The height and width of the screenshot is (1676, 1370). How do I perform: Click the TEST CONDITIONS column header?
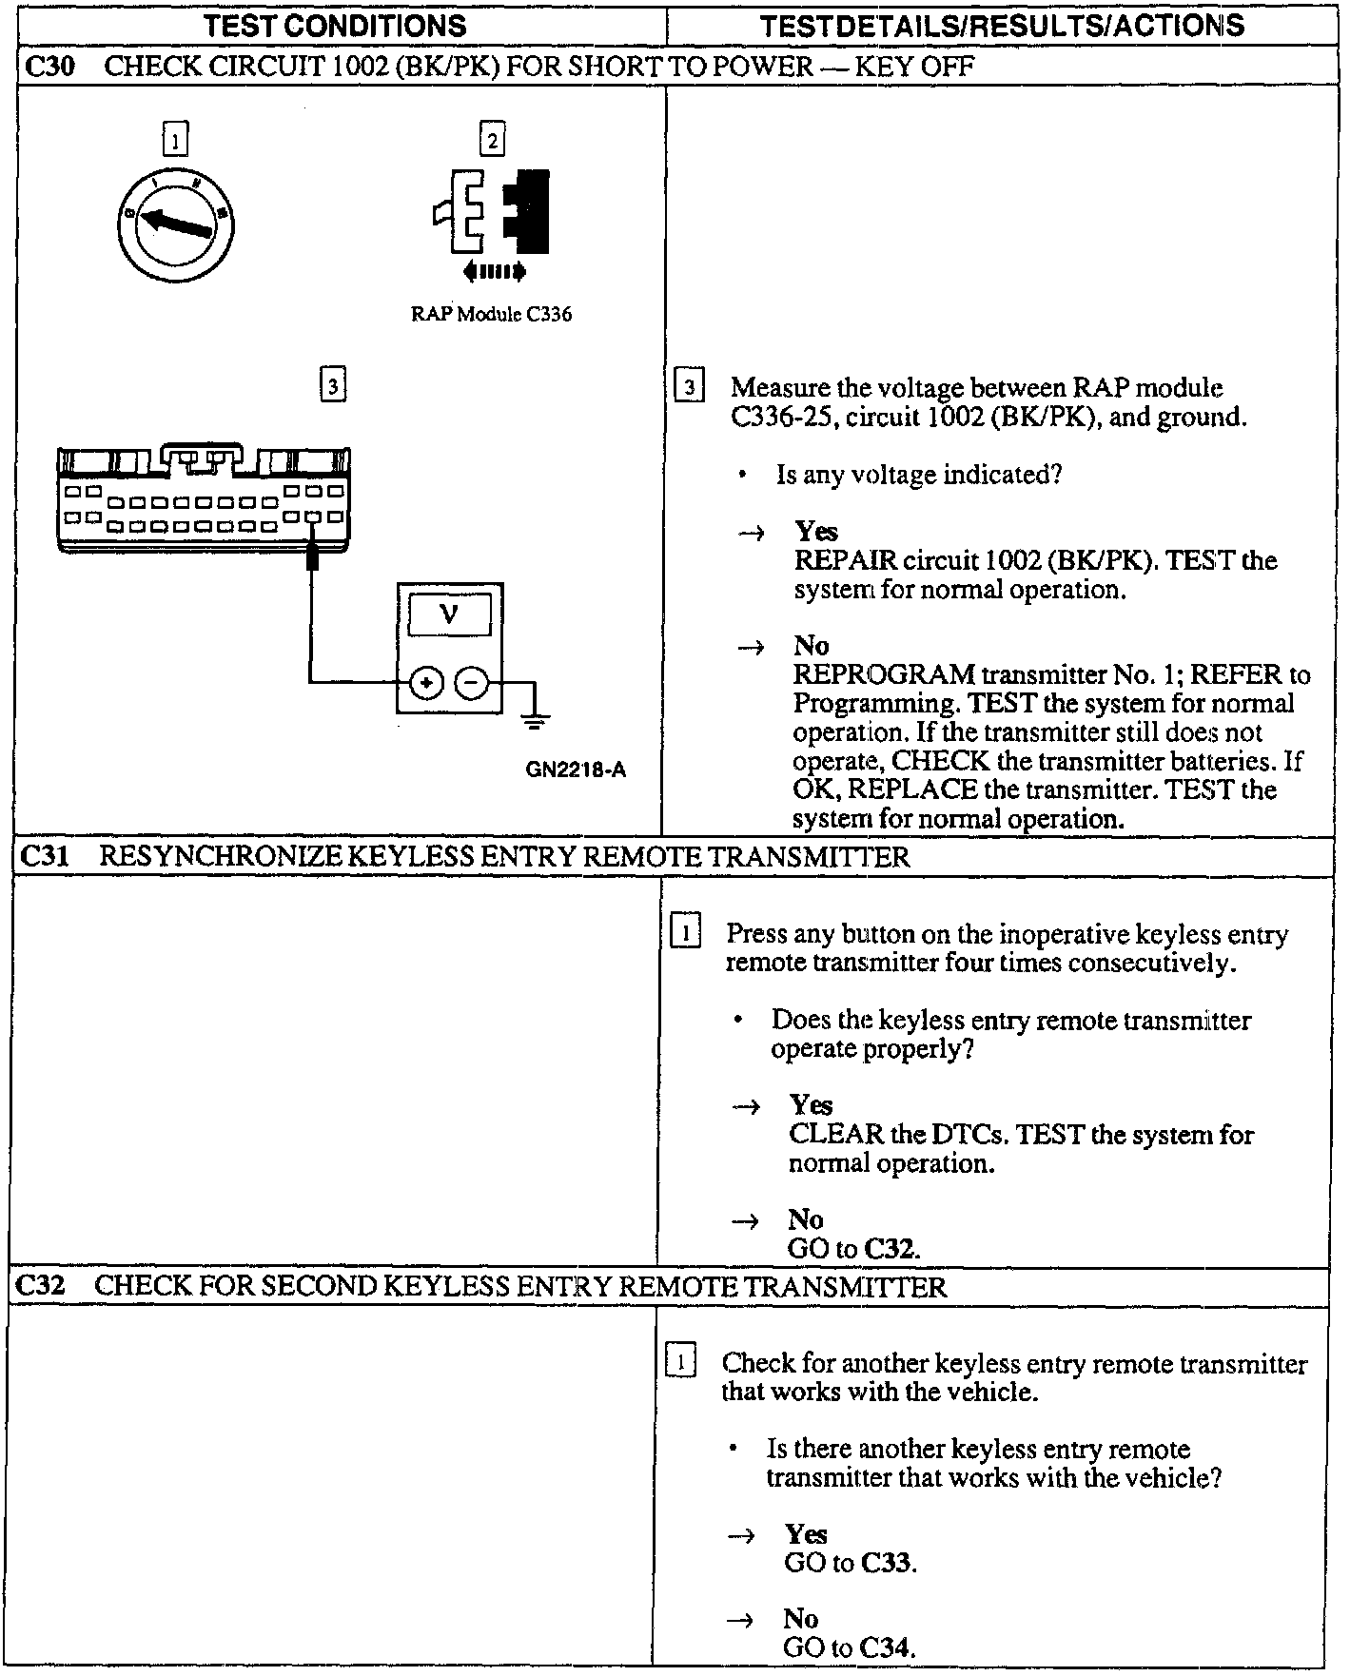tap(335, 26)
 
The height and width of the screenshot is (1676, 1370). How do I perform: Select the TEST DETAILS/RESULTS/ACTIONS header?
tap(1002, 26)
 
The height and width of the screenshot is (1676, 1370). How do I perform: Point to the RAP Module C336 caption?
tap(491, 315)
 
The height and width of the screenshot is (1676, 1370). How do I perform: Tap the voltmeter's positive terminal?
tap(427, 683)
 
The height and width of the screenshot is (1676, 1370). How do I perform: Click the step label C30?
tap(47, 67)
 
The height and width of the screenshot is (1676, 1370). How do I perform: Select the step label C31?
tap(44, 857)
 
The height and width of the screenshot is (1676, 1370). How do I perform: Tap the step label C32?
tap(40, 1286)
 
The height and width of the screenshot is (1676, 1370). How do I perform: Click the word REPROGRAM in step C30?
tap(884, 675)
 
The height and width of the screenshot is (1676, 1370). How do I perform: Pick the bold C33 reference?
tap(887, 1563)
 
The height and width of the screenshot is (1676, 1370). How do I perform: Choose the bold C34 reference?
tap(887, 1648)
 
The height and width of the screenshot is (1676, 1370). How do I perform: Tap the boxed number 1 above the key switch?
tap(175, 140)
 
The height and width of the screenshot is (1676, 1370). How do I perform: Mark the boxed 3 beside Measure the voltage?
tap(689, 387)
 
